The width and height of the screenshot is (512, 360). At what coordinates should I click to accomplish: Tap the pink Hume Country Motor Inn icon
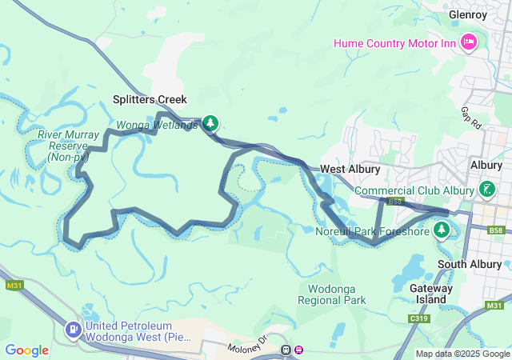tap(469, 41)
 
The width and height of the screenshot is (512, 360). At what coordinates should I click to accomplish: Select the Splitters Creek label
tap(149, 100)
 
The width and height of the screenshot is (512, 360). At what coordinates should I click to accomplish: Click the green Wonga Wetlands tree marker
tap(210, 123)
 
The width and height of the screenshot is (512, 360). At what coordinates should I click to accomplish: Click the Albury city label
tap(486, 164)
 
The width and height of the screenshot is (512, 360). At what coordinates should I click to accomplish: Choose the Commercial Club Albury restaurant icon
tap(486, 190)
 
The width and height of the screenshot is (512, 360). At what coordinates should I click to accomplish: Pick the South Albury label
tap(470, 264)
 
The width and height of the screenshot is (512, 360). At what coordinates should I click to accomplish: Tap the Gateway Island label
tap(431, 294)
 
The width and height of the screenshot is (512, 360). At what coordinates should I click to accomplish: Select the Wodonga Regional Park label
tap(332, 294)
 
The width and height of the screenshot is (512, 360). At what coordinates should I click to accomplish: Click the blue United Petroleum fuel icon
tap(74, 330)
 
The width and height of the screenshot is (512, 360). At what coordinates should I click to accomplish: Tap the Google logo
tap(26, 350)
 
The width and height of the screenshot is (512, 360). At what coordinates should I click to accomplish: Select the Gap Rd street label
tap(471, 118)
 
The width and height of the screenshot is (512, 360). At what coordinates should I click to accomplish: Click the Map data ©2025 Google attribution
tap(462, 354)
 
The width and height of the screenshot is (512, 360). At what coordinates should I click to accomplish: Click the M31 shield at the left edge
tap(14, 286)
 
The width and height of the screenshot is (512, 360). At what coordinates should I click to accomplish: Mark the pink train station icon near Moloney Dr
tap(299, 349)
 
